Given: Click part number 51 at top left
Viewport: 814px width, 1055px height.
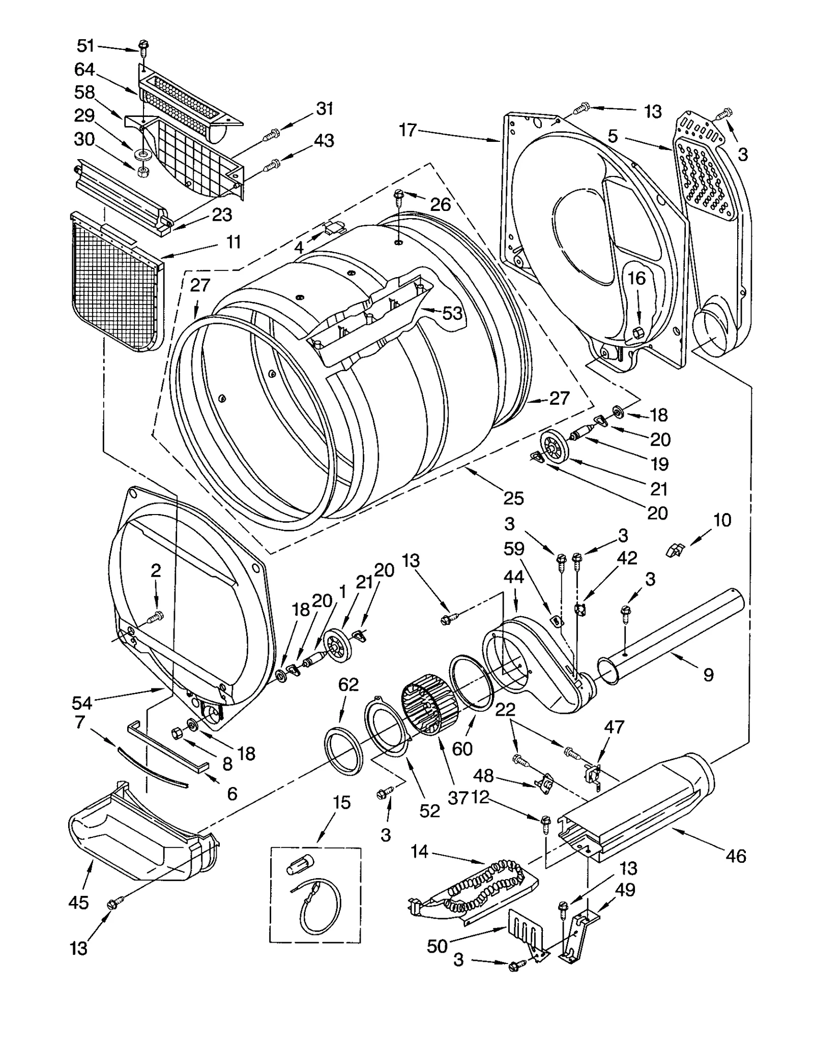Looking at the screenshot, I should coord(85,46).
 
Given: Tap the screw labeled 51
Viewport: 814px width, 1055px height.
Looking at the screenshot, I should coord(143,48).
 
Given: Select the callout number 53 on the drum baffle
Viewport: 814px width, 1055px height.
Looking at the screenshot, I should coord(452,313).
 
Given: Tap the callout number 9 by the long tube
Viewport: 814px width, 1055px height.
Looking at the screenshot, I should coord(708,675).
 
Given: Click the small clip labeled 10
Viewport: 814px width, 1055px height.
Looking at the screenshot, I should coord(676,550).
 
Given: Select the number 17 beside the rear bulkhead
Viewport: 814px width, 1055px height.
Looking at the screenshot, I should coord(408,130).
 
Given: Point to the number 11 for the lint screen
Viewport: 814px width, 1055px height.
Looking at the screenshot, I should coord(233,242).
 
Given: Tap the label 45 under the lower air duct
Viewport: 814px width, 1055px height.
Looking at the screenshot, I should coord(78,902).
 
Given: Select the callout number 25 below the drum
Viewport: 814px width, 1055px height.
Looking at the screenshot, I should coord(513,498).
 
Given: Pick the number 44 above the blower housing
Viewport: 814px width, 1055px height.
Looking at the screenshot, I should coord(514,577).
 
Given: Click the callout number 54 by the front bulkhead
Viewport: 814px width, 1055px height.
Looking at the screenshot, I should coord(81,703).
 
